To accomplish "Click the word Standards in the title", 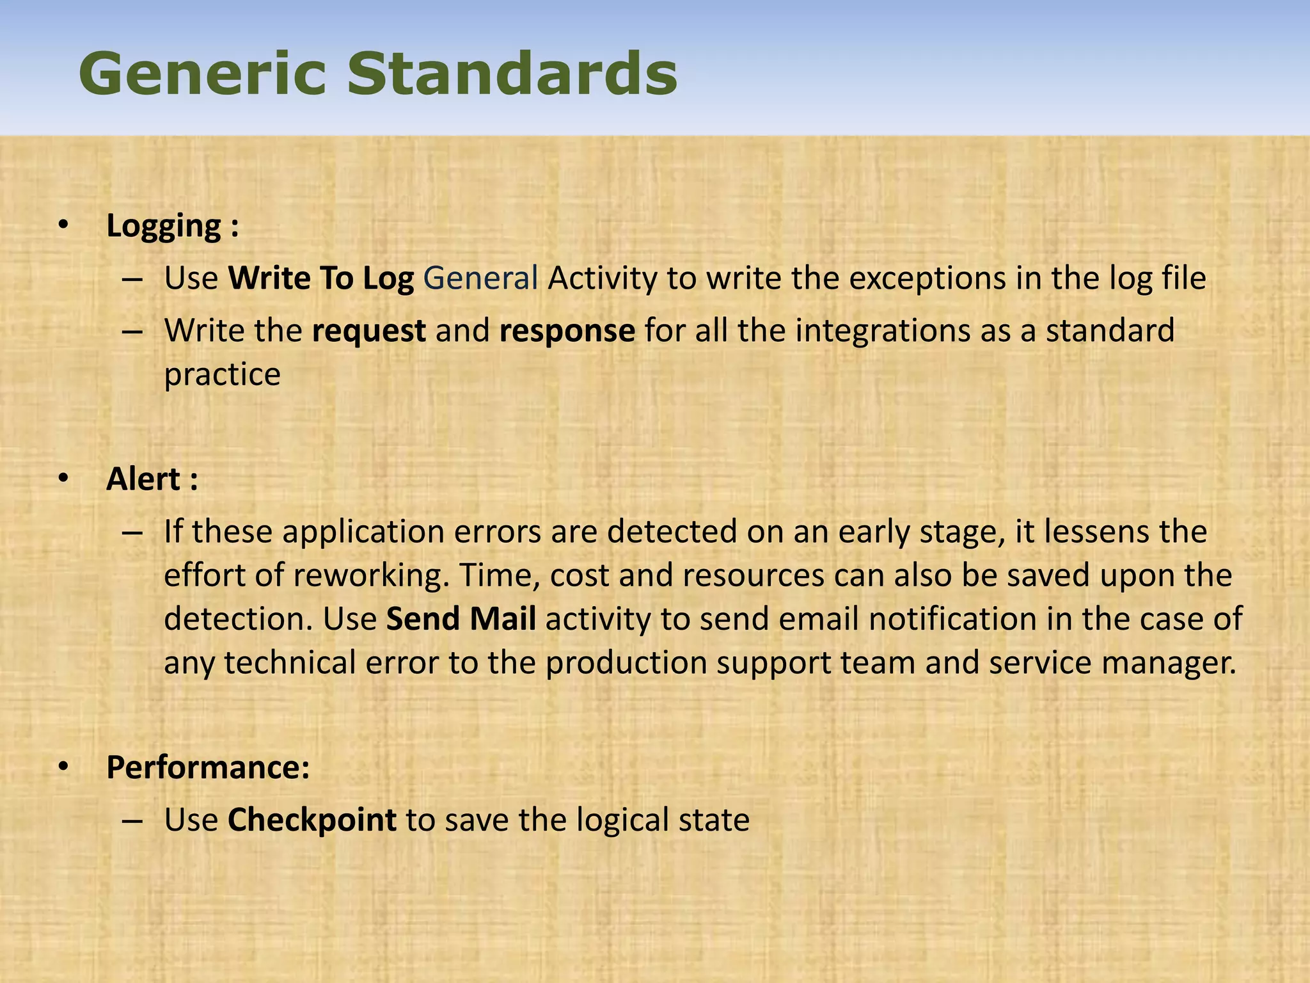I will tap(512, 74).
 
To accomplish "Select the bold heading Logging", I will tap(164, 227).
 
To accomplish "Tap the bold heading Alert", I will tap(143, 479).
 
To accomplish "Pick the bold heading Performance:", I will tap(208, 767).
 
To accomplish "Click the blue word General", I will tap(480, 278).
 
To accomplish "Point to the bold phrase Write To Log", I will tap(321, 278).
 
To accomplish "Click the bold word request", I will tap(369, 331).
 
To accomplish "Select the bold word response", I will tap(567, 331).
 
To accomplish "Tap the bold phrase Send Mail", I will tap(461, 619).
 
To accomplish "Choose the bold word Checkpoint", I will tap(312, 820).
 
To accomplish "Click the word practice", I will tap(222, 375).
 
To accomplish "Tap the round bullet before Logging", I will tap(62, 225).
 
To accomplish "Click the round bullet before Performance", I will tap(62, 767).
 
